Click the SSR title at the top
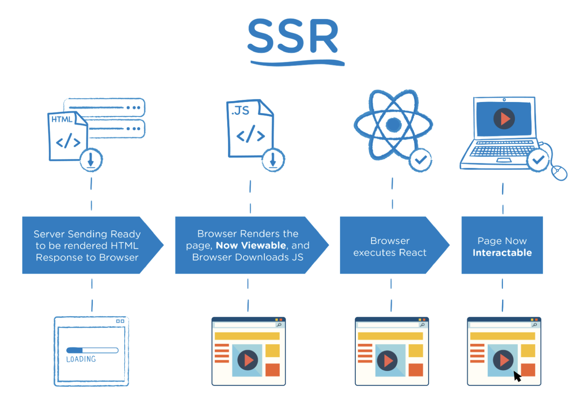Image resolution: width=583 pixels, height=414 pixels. pos(293,37)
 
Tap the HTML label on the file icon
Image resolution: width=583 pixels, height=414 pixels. pos(62,119)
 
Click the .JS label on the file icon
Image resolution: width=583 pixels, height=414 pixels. pos(240,111)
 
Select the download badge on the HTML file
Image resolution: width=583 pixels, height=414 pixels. pos(91,160)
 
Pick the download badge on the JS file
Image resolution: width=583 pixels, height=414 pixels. pos(273,160)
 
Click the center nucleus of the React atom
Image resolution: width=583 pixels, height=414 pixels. pos(393,125)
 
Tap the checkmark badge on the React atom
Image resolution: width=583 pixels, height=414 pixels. pos(420,160)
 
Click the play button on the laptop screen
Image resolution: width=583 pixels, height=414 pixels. pos(504,119)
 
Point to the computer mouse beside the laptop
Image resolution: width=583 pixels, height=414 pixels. pos(559,172)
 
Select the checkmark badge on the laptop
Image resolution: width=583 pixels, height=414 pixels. pos(538,160)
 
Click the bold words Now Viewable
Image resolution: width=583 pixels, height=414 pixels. pos(251,245)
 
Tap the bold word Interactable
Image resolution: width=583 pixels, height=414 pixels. pos(502,253)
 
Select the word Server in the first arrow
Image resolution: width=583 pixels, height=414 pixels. pos(49,234)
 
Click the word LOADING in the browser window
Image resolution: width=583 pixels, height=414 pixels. pos(81,359)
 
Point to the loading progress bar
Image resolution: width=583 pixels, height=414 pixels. pos(92,350)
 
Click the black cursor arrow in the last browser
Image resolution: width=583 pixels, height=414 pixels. pos(517,376)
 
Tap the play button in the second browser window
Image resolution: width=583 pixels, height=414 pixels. pos(248,360)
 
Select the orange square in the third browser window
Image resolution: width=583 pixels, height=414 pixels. pos(416,370)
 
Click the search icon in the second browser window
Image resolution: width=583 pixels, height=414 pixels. pos(279,325)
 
